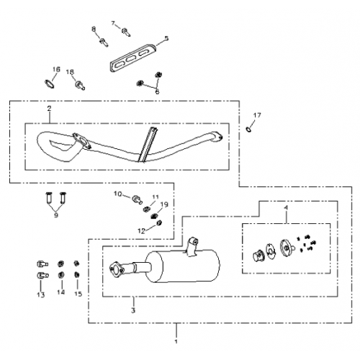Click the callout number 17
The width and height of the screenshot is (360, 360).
point(257,115)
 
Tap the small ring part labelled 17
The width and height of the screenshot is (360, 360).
point(248,130)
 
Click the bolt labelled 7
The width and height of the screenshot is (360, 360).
point(126,32)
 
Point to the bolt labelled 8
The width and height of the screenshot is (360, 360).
point(104,42)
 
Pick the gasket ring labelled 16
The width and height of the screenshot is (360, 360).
point(50,84)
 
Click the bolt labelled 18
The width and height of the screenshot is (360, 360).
point(80,85)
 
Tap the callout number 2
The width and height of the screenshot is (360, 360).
point(49,109)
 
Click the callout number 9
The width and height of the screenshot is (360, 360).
point(56,215)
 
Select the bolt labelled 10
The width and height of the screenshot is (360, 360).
point(137,199)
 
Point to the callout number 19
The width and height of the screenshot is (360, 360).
point(164,204)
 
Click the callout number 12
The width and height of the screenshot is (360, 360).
point(141,231)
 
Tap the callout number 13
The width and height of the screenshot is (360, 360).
point(41,294)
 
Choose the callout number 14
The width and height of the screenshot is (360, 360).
point(61,292)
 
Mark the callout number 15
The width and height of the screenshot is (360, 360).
point(78,294)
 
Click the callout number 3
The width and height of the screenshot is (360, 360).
point(133,310)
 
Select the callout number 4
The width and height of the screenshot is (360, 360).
point(286,208)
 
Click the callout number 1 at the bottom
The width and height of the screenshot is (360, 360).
point(176,341)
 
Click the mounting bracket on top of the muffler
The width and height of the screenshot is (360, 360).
point(192,246)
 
